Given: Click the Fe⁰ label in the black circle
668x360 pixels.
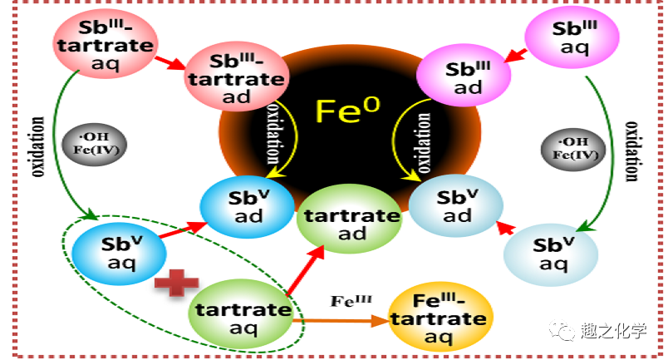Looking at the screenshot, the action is pos(347,110).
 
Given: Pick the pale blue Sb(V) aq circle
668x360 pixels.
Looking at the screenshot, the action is pos(553,254).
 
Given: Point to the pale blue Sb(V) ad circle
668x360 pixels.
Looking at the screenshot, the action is pos(457,205).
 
